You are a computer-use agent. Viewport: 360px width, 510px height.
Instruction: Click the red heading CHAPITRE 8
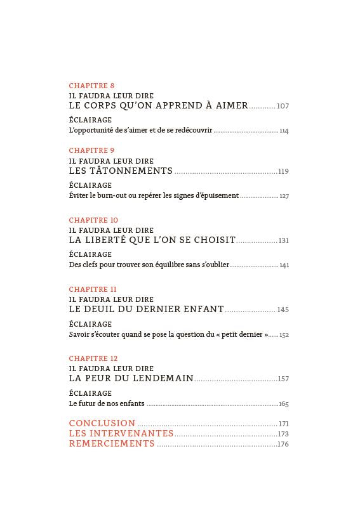[x=91, y=85]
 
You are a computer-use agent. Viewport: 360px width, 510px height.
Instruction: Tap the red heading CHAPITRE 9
[x=91, y=150]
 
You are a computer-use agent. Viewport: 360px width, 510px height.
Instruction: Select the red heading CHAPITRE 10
[x=93, y=220]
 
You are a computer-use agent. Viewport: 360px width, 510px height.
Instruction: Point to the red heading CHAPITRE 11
[x=93, y=289]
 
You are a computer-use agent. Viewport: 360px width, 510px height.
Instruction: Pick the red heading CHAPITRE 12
[x=93, y=358]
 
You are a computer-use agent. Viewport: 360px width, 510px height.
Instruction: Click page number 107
[x=283, y=106]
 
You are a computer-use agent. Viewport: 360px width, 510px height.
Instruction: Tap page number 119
[x=283, y=171]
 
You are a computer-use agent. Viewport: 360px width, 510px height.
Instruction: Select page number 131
[x=283, y=240]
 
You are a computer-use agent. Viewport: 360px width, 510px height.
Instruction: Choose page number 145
[x=283, y=310]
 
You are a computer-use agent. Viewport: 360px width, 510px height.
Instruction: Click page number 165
[x=284, y=404]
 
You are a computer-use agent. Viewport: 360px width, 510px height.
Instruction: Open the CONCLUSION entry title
[x=102, y=423]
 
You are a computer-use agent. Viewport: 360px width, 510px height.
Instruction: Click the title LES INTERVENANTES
[x=121, y=433]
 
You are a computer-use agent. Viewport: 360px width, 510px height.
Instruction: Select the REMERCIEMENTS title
[x=112, y=444]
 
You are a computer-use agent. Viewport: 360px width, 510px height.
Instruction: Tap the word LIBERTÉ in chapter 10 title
[x=109, y=240]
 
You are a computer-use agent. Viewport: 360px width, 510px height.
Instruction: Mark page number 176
[x=283, y=444]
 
